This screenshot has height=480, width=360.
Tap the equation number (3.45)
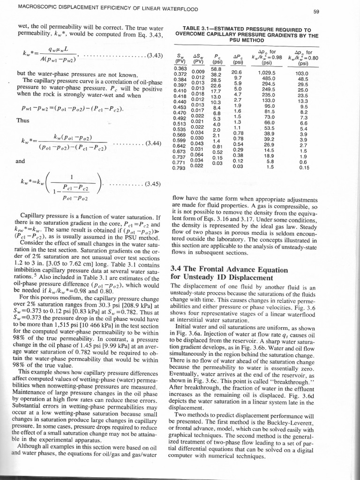(153, 183)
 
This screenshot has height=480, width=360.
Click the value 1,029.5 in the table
(267, 73)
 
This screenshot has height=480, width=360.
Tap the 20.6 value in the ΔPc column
(237, 73)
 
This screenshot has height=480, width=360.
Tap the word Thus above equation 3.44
(22, 120)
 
